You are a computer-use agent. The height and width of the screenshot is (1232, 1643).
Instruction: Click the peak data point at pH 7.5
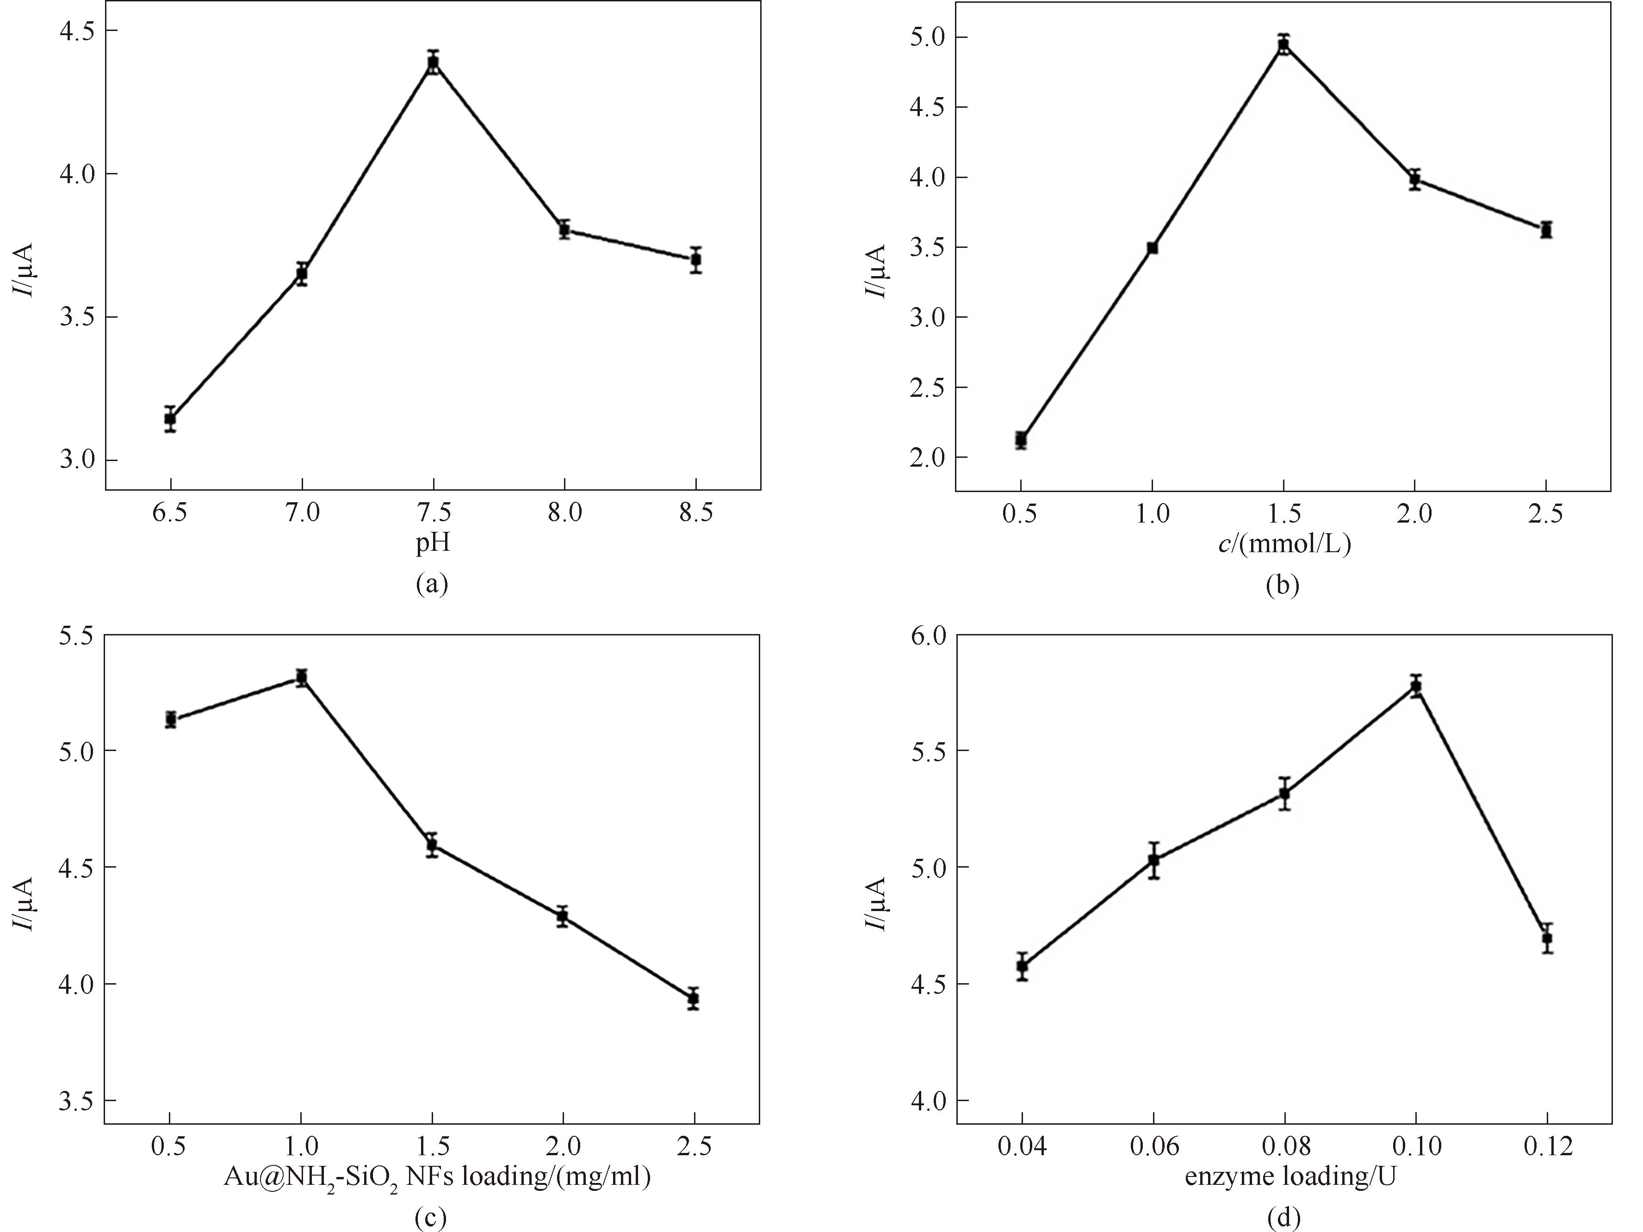433,63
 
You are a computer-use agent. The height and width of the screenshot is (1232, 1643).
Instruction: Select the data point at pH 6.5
170,419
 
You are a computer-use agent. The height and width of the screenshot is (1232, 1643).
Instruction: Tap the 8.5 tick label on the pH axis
696,512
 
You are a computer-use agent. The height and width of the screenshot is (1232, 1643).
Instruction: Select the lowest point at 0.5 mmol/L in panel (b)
1021,440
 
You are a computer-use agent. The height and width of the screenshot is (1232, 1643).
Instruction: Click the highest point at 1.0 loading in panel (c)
302,677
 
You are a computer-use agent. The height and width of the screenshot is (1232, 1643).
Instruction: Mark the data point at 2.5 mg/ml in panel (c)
694,999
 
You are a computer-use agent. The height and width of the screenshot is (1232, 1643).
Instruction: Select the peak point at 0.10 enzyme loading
1416,686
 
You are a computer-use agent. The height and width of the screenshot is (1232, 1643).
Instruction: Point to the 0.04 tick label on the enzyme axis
1022,1146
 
